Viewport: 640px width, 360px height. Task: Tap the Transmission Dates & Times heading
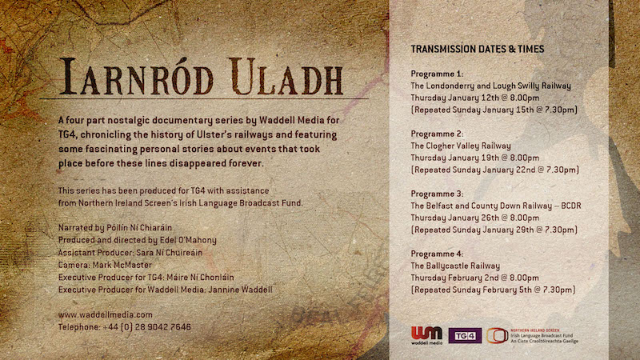click(477, 49)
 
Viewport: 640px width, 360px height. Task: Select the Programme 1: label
click(437, 74)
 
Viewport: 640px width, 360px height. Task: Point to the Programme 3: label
click(437, 194)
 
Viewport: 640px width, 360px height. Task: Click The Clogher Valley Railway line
click(461, 146)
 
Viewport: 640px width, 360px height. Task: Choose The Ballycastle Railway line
click(455, 266)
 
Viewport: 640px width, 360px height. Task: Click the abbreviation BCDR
click(571, 206)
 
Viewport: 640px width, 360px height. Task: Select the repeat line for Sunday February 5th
click(494, 290)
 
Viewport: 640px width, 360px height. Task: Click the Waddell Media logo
click(426, 335)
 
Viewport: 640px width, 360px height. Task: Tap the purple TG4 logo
click(465, 335)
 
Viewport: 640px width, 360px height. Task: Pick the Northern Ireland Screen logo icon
click(497, 335)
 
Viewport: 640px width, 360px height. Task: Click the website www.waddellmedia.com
click(106, 314)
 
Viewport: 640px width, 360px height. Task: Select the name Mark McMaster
click(122, 265)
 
